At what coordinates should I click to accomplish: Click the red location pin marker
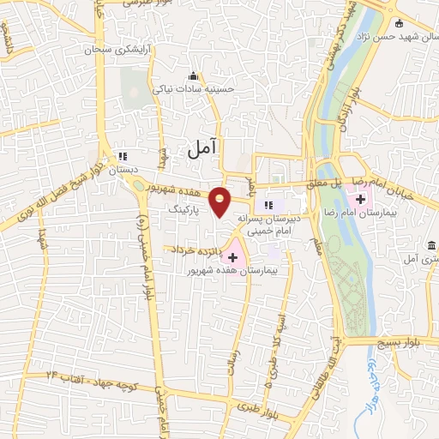pos(220,201)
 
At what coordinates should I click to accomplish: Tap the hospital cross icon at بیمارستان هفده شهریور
pos(232,256)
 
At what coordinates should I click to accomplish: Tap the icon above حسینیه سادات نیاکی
pos(193,75)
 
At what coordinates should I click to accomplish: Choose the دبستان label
pos(121,171)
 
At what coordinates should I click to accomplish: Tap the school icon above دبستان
pos(123,156)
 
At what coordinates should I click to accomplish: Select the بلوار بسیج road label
pos(406,341)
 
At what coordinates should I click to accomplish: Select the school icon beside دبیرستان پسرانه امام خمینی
pos(268,205)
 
